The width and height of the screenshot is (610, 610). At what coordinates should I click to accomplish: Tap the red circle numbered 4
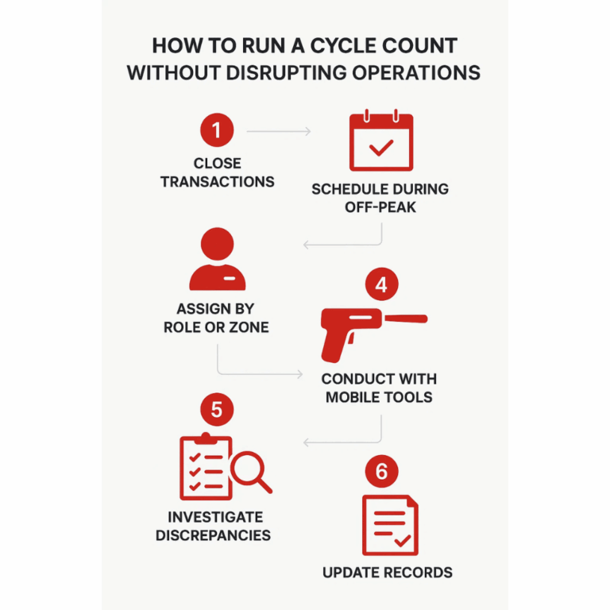(380, 285)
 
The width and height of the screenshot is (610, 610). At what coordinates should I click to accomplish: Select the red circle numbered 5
(217, 411)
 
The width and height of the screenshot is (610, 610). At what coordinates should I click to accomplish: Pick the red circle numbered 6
(380, 472)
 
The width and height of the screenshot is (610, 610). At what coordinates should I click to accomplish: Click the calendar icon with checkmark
(381, 142)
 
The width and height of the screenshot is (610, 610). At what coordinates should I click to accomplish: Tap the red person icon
(217, 260)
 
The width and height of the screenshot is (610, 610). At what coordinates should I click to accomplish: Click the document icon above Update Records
(389, 525)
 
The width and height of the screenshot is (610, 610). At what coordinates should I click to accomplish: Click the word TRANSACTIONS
(217, 182)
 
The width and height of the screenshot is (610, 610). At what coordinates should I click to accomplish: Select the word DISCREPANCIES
(213, 535)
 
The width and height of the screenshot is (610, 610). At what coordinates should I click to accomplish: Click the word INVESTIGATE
(213, 517)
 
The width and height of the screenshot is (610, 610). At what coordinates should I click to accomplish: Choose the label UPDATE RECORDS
(388, 573)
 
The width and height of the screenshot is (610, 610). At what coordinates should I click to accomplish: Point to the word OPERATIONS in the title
(409, 72)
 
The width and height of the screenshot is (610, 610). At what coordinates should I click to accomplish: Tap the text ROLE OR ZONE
(216, 327)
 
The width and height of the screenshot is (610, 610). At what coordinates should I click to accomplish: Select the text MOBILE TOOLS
(379, 397)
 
